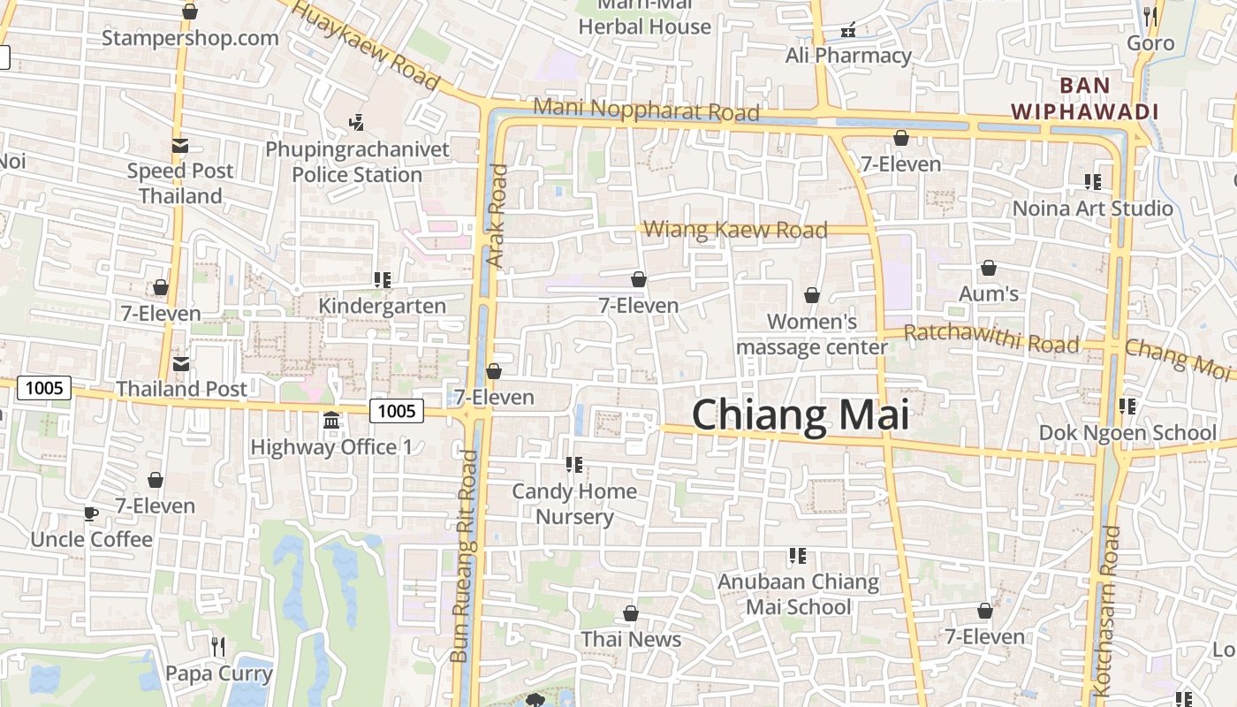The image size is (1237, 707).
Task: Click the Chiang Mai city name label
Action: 801,414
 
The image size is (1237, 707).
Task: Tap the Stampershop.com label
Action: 190,38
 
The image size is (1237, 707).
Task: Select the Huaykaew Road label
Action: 365,44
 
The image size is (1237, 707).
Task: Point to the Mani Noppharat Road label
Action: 647,110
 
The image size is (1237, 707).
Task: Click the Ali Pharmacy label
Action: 848,56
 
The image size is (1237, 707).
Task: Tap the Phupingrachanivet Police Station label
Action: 357,162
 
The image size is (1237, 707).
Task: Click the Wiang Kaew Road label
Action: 735,230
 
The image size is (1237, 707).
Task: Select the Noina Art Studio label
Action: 1092,209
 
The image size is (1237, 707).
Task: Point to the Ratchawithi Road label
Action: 991,338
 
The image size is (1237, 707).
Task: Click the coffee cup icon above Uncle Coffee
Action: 91,513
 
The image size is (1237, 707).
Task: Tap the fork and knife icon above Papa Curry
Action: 218,647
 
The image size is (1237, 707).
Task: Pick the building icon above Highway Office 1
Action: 331,421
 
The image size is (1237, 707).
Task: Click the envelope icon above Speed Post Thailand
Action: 180,146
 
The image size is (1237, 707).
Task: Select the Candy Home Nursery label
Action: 574,504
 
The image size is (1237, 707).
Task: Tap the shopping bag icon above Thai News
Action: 631,613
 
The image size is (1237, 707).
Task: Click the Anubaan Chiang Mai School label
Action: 798,595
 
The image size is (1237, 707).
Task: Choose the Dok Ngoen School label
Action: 1127,433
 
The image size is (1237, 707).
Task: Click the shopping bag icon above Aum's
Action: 989,267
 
